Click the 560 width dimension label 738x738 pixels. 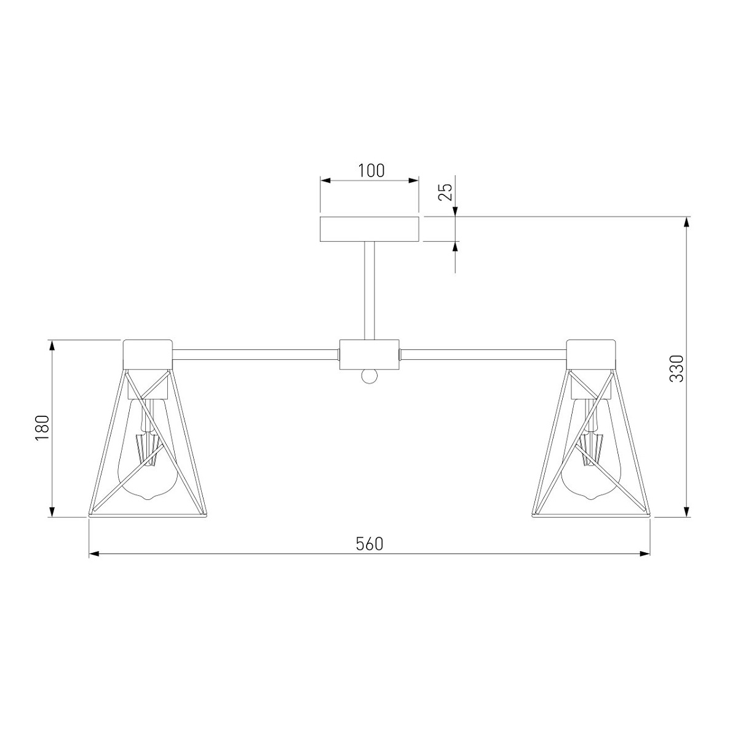(369, 544)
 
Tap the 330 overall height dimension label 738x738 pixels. (676, 368)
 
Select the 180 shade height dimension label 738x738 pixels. (42, 427)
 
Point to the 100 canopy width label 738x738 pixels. (371, 170)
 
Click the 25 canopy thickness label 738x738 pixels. (446, 192)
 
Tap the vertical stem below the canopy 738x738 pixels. (369, 291)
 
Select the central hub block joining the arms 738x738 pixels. (369, 355)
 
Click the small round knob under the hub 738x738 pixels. (369, 377)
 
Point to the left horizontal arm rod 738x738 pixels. (256, 355)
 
